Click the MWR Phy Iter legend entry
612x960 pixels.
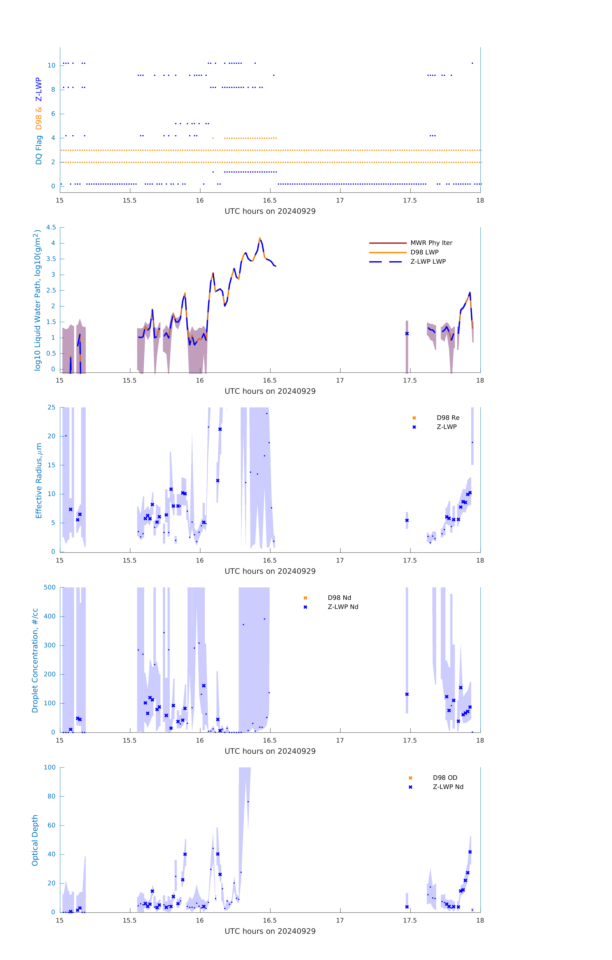[x=431, y=243]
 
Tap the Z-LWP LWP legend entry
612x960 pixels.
[x=428, y=262]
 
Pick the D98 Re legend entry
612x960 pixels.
[x=448, y=418]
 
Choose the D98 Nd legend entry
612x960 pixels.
[x=339, y=598]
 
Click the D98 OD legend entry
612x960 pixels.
[x=444, y=778]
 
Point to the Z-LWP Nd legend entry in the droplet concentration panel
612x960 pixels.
[x=343, y=607]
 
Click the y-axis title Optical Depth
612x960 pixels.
[x=35, y=840]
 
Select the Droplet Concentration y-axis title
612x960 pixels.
[x=35, y=660]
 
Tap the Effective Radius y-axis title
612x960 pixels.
[x=39, y=480]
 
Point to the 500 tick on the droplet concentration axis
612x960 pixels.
[x=50, y=587]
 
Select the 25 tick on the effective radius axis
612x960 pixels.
[x=51, y=408]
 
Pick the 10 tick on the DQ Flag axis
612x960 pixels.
[x=51, y=65]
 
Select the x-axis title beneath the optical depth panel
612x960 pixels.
[x=270, y=931]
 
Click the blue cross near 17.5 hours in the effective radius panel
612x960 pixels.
[x=407, y=520]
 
